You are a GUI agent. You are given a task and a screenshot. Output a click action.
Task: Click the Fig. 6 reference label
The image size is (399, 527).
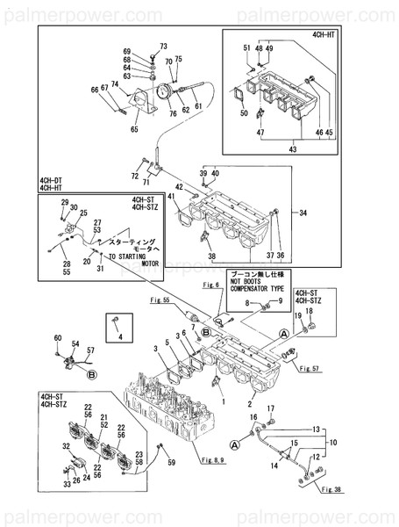(210, 285)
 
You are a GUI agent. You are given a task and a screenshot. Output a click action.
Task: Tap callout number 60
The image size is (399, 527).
(57, 338)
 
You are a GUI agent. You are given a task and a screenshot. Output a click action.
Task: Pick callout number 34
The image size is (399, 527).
(304, 213)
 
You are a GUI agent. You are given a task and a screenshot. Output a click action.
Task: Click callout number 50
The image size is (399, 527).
(243, 112)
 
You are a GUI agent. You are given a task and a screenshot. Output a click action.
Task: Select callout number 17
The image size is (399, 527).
(270, 408)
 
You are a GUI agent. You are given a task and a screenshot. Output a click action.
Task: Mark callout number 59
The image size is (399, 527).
(171, 462)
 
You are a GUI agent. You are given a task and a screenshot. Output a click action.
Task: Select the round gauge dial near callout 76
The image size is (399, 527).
(161, 89)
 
